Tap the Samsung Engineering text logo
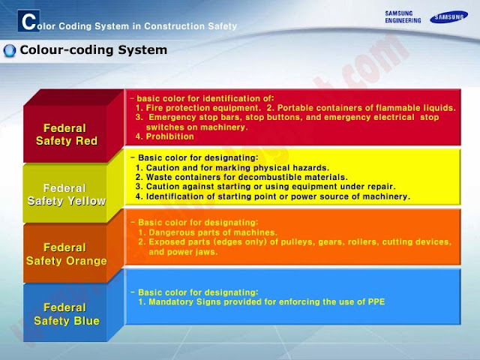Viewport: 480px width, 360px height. (x=403, y=16)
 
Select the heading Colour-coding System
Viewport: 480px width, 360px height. (x=93, y=51)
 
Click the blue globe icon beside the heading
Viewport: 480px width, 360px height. (x=10, y=51)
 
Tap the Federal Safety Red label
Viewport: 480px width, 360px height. (x=65, y=135)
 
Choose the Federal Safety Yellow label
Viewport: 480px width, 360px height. (x=66, y=194)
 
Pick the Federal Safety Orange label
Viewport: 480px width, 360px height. (x=66, y=253)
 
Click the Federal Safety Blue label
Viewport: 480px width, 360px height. (x=66, y=313)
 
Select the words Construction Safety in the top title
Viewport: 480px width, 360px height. (x=193, y=25)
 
